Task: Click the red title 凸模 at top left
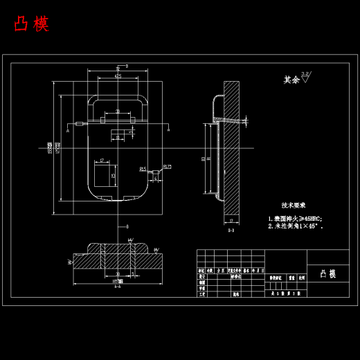click(x=31, y=24)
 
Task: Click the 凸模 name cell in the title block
click(x=328, y=274)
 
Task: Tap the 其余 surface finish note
click(x=291, y=80)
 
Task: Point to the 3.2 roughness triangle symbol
click(x=306, y=76)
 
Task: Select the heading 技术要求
click(x=293, y=206)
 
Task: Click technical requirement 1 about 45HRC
click(x=296, y=218)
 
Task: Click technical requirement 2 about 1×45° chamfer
click(x=296, y=226)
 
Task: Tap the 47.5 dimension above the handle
click(x=118, y=76)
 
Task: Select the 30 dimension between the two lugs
click(x=118, y=111)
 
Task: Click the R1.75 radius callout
click(x=168, y=166)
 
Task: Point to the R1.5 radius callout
click(x=143, y=168)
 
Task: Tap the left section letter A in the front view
click(x=68, y=129)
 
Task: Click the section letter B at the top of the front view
click(x=127, y=66)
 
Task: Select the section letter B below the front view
click(x=127, y=226)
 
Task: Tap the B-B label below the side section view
click(x=231, y=230)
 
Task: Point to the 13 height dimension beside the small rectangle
click(x=113, y=176)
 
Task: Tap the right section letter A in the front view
click(x=168, y=129)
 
